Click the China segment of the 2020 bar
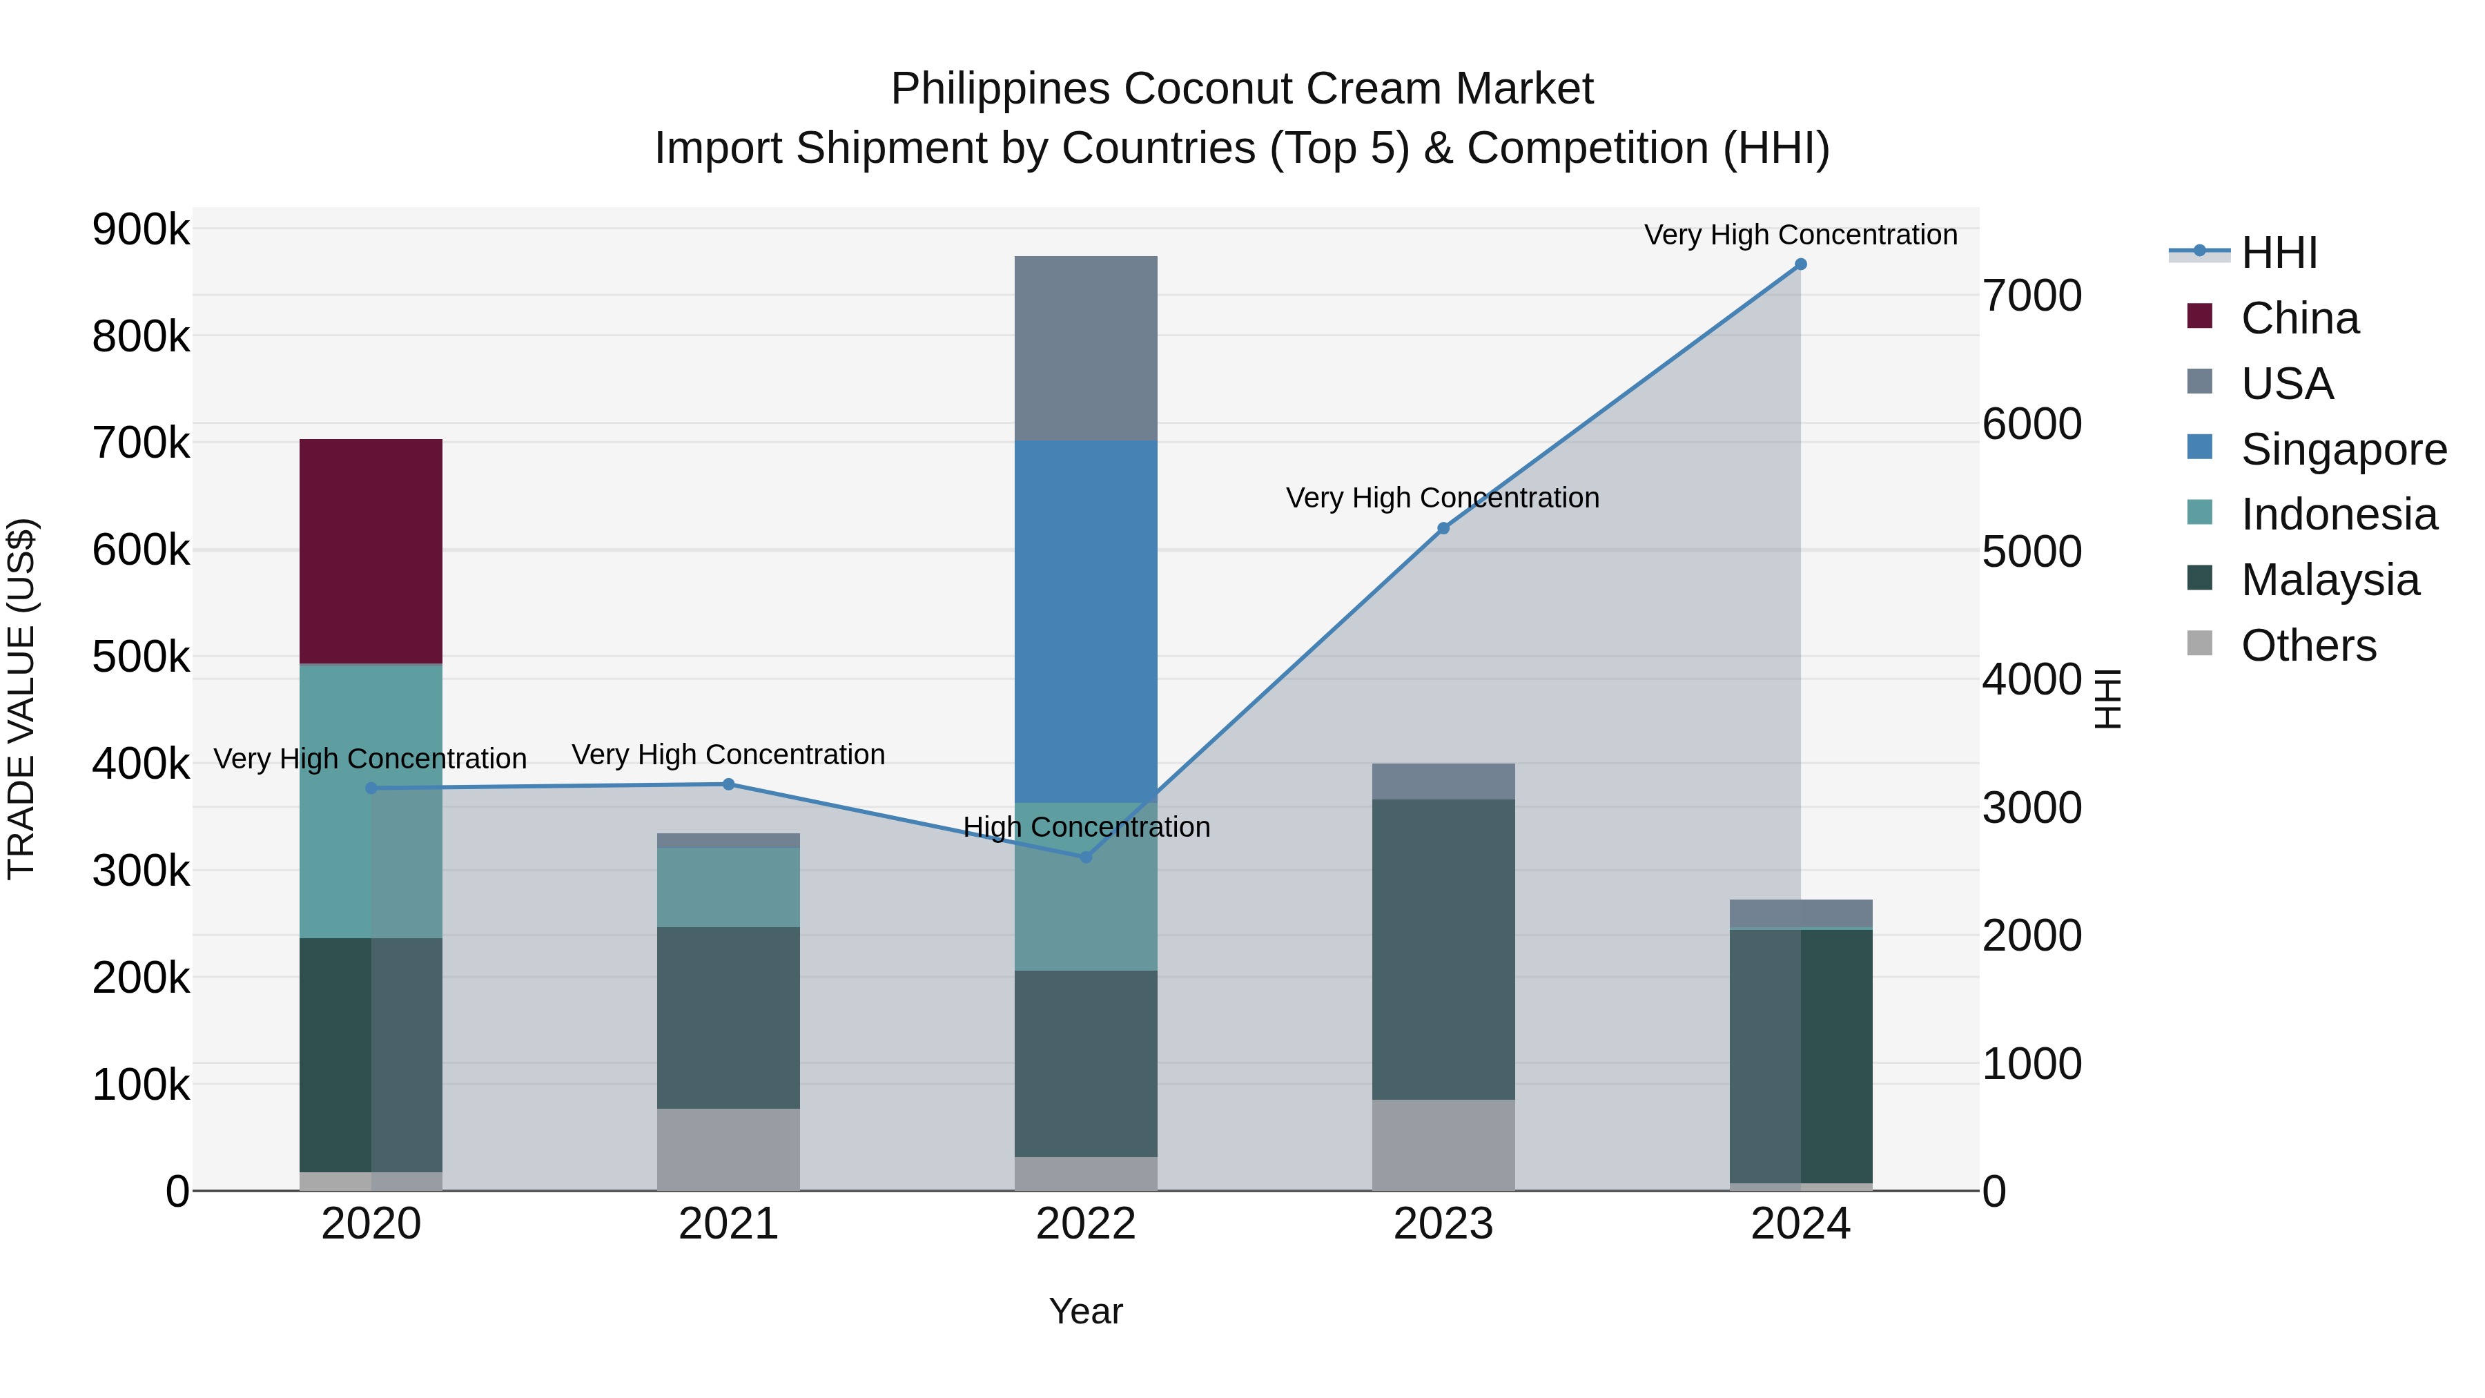pos(371,551)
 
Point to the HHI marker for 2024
pos(1800,264)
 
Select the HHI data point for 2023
pos(1443,529)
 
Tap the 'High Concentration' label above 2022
pos(1086,827)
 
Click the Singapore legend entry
pos(2343,449)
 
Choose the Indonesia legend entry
pos(2339,514)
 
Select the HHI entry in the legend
pos(2279,253)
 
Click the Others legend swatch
pos(2199,643)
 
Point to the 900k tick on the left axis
pos(141,231)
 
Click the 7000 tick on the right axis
pos(2031,295)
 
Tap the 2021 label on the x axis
pos(728,1224)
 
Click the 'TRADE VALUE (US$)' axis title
pos(22,699)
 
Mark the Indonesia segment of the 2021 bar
pos(728,888)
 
